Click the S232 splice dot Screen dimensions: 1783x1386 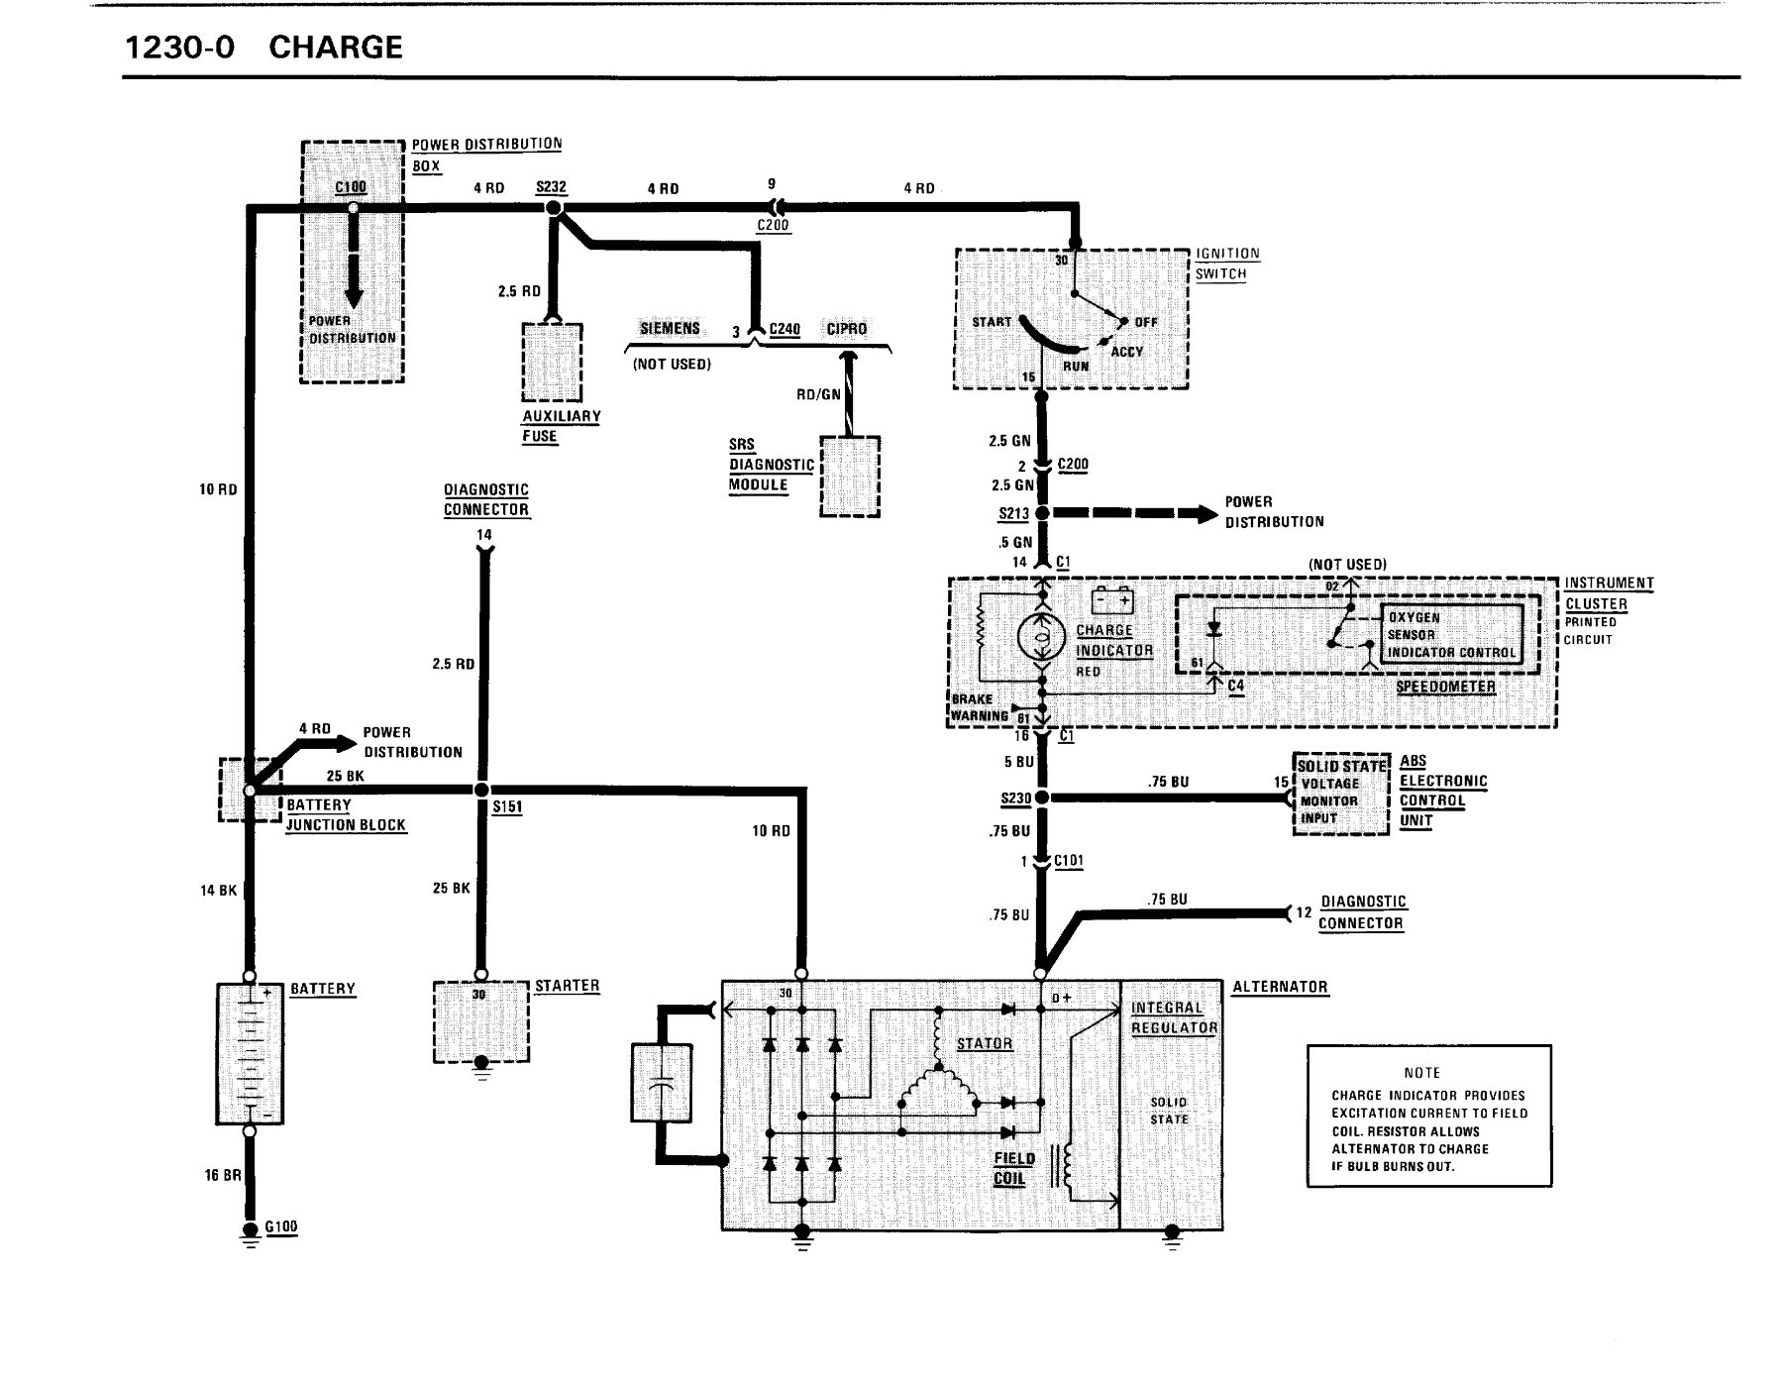(553, 209)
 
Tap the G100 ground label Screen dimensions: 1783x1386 (281, 1226)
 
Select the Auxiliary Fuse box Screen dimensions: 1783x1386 (552, 363)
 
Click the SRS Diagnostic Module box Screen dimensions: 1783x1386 (850, 477)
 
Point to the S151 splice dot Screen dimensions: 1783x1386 (481, 790)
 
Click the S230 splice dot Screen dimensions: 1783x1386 (1042, 798)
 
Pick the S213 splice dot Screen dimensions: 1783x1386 (1042, 513)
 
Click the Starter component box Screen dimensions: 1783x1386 (481, 1022)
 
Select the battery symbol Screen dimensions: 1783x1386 (250, 1054)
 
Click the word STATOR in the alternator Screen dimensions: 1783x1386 (985, 1043)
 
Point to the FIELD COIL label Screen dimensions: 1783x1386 (1014, 1168)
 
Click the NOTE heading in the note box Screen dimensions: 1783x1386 (1421, 1073)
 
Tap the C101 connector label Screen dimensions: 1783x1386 (1069, 861)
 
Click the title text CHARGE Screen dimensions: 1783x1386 (336, 48)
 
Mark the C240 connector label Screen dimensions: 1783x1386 (785, 329)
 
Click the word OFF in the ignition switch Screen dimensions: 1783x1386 (1146, 322)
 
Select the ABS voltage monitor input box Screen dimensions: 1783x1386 (1340, 793)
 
